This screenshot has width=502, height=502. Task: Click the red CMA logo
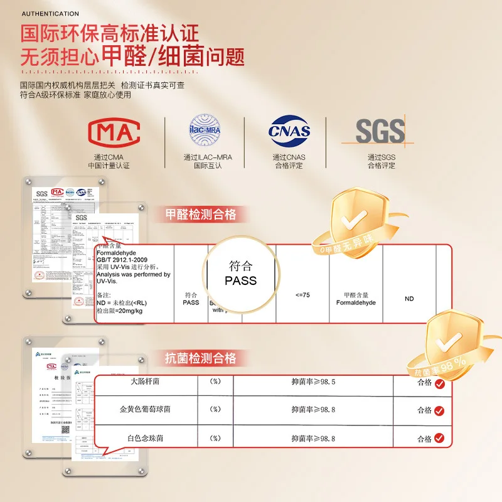tap(117, 131)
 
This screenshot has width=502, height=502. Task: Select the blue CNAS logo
tap(289, 131)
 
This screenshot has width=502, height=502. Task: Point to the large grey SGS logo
tap(380, 131)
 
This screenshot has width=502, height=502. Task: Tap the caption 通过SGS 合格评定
tap(382, 161)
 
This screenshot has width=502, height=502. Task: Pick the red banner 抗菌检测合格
tap(200, 358)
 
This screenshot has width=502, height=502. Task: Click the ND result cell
tap(409, 299)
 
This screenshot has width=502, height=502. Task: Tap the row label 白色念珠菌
tap(146, 438)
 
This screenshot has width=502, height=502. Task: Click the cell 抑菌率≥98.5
tap(313, 382)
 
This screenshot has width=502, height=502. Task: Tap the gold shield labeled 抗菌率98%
tap(447, 342)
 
